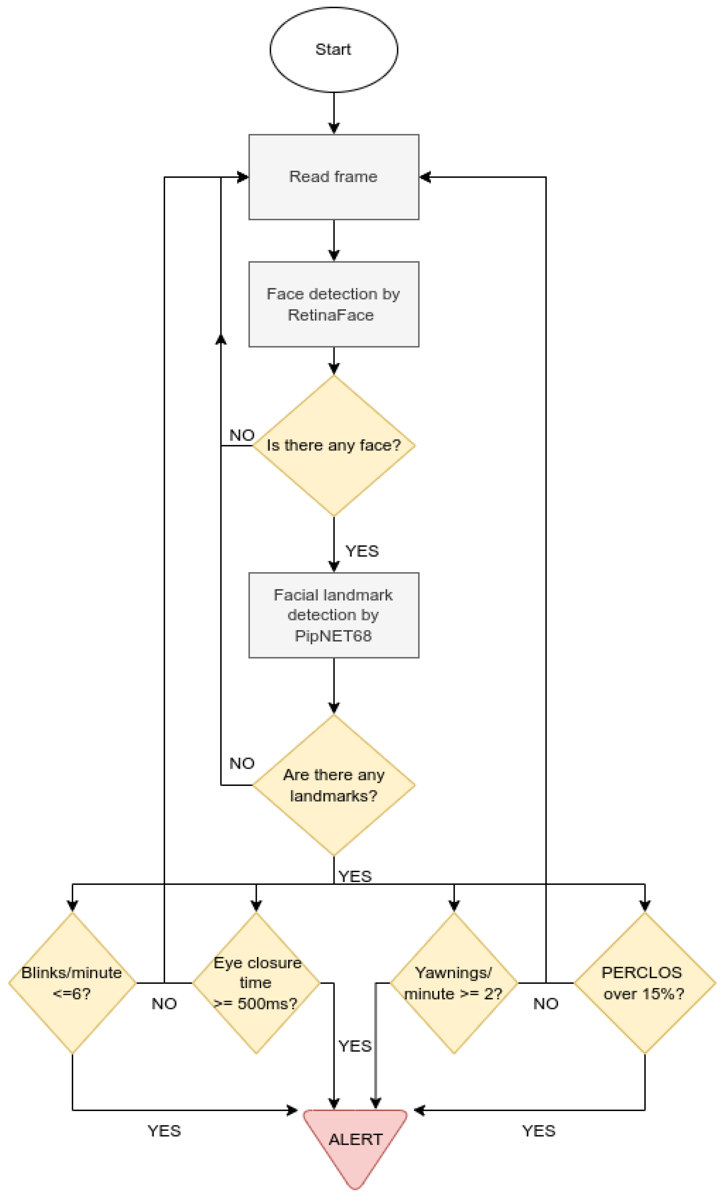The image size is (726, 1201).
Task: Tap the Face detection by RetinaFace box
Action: pos(333,304)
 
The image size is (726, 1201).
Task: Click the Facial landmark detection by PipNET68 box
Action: pos(333,615)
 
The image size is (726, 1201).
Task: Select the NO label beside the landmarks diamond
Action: pos(242,763)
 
